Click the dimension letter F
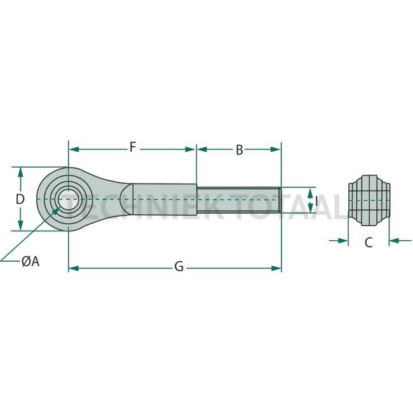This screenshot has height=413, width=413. click(x=132, y=149)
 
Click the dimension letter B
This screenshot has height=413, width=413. click(x=239, y=150)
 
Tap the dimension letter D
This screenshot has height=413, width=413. click(x=20, y=199)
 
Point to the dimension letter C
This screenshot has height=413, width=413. click(x=368, y=241)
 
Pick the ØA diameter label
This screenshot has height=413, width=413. click(x=30, y=261)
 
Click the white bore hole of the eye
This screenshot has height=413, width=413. click(x=67, y=199)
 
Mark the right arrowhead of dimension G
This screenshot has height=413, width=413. click(x=276, y=268)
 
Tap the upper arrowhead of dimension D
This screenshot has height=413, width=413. click(x=20, y=172)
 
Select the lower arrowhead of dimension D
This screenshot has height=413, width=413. click(x=20, y=226)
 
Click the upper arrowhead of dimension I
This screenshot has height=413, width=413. click(x=310, y=191)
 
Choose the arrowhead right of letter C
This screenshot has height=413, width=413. click(x=393, y=241)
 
